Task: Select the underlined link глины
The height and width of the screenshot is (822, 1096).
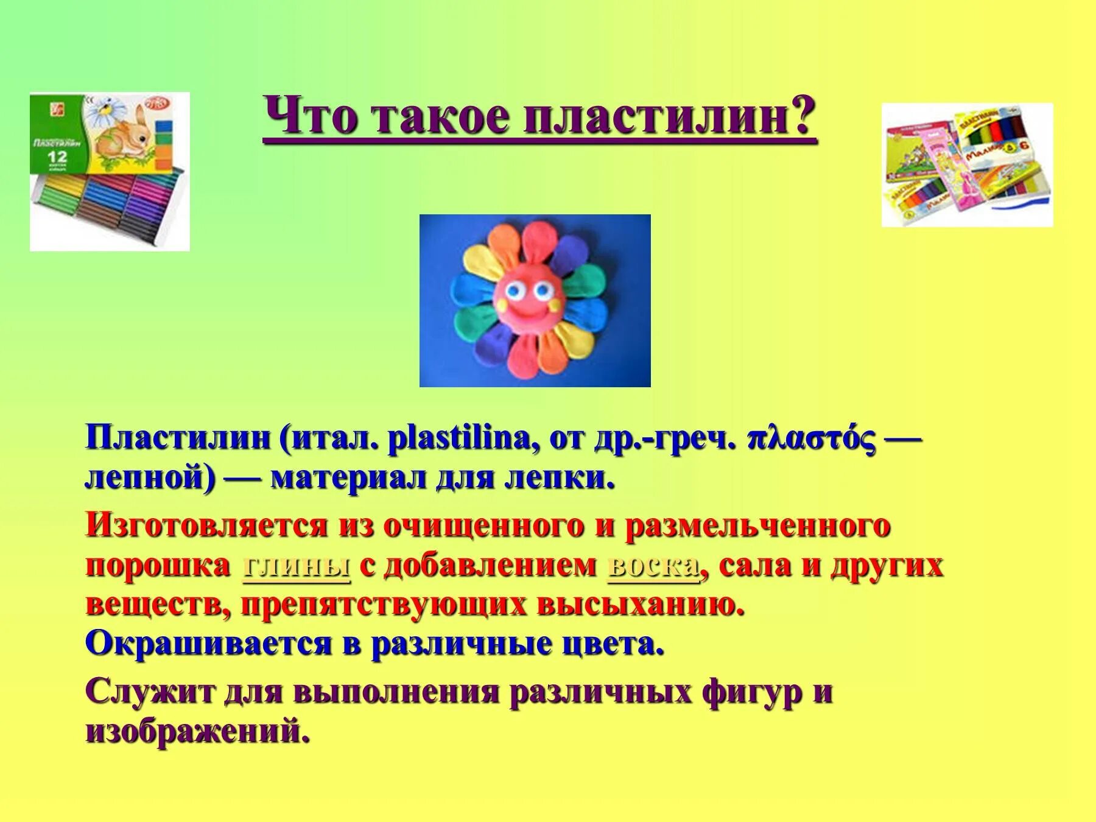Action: (x=297, y=566)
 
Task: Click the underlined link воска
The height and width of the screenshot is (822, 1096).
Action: (x=653, y=566)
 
